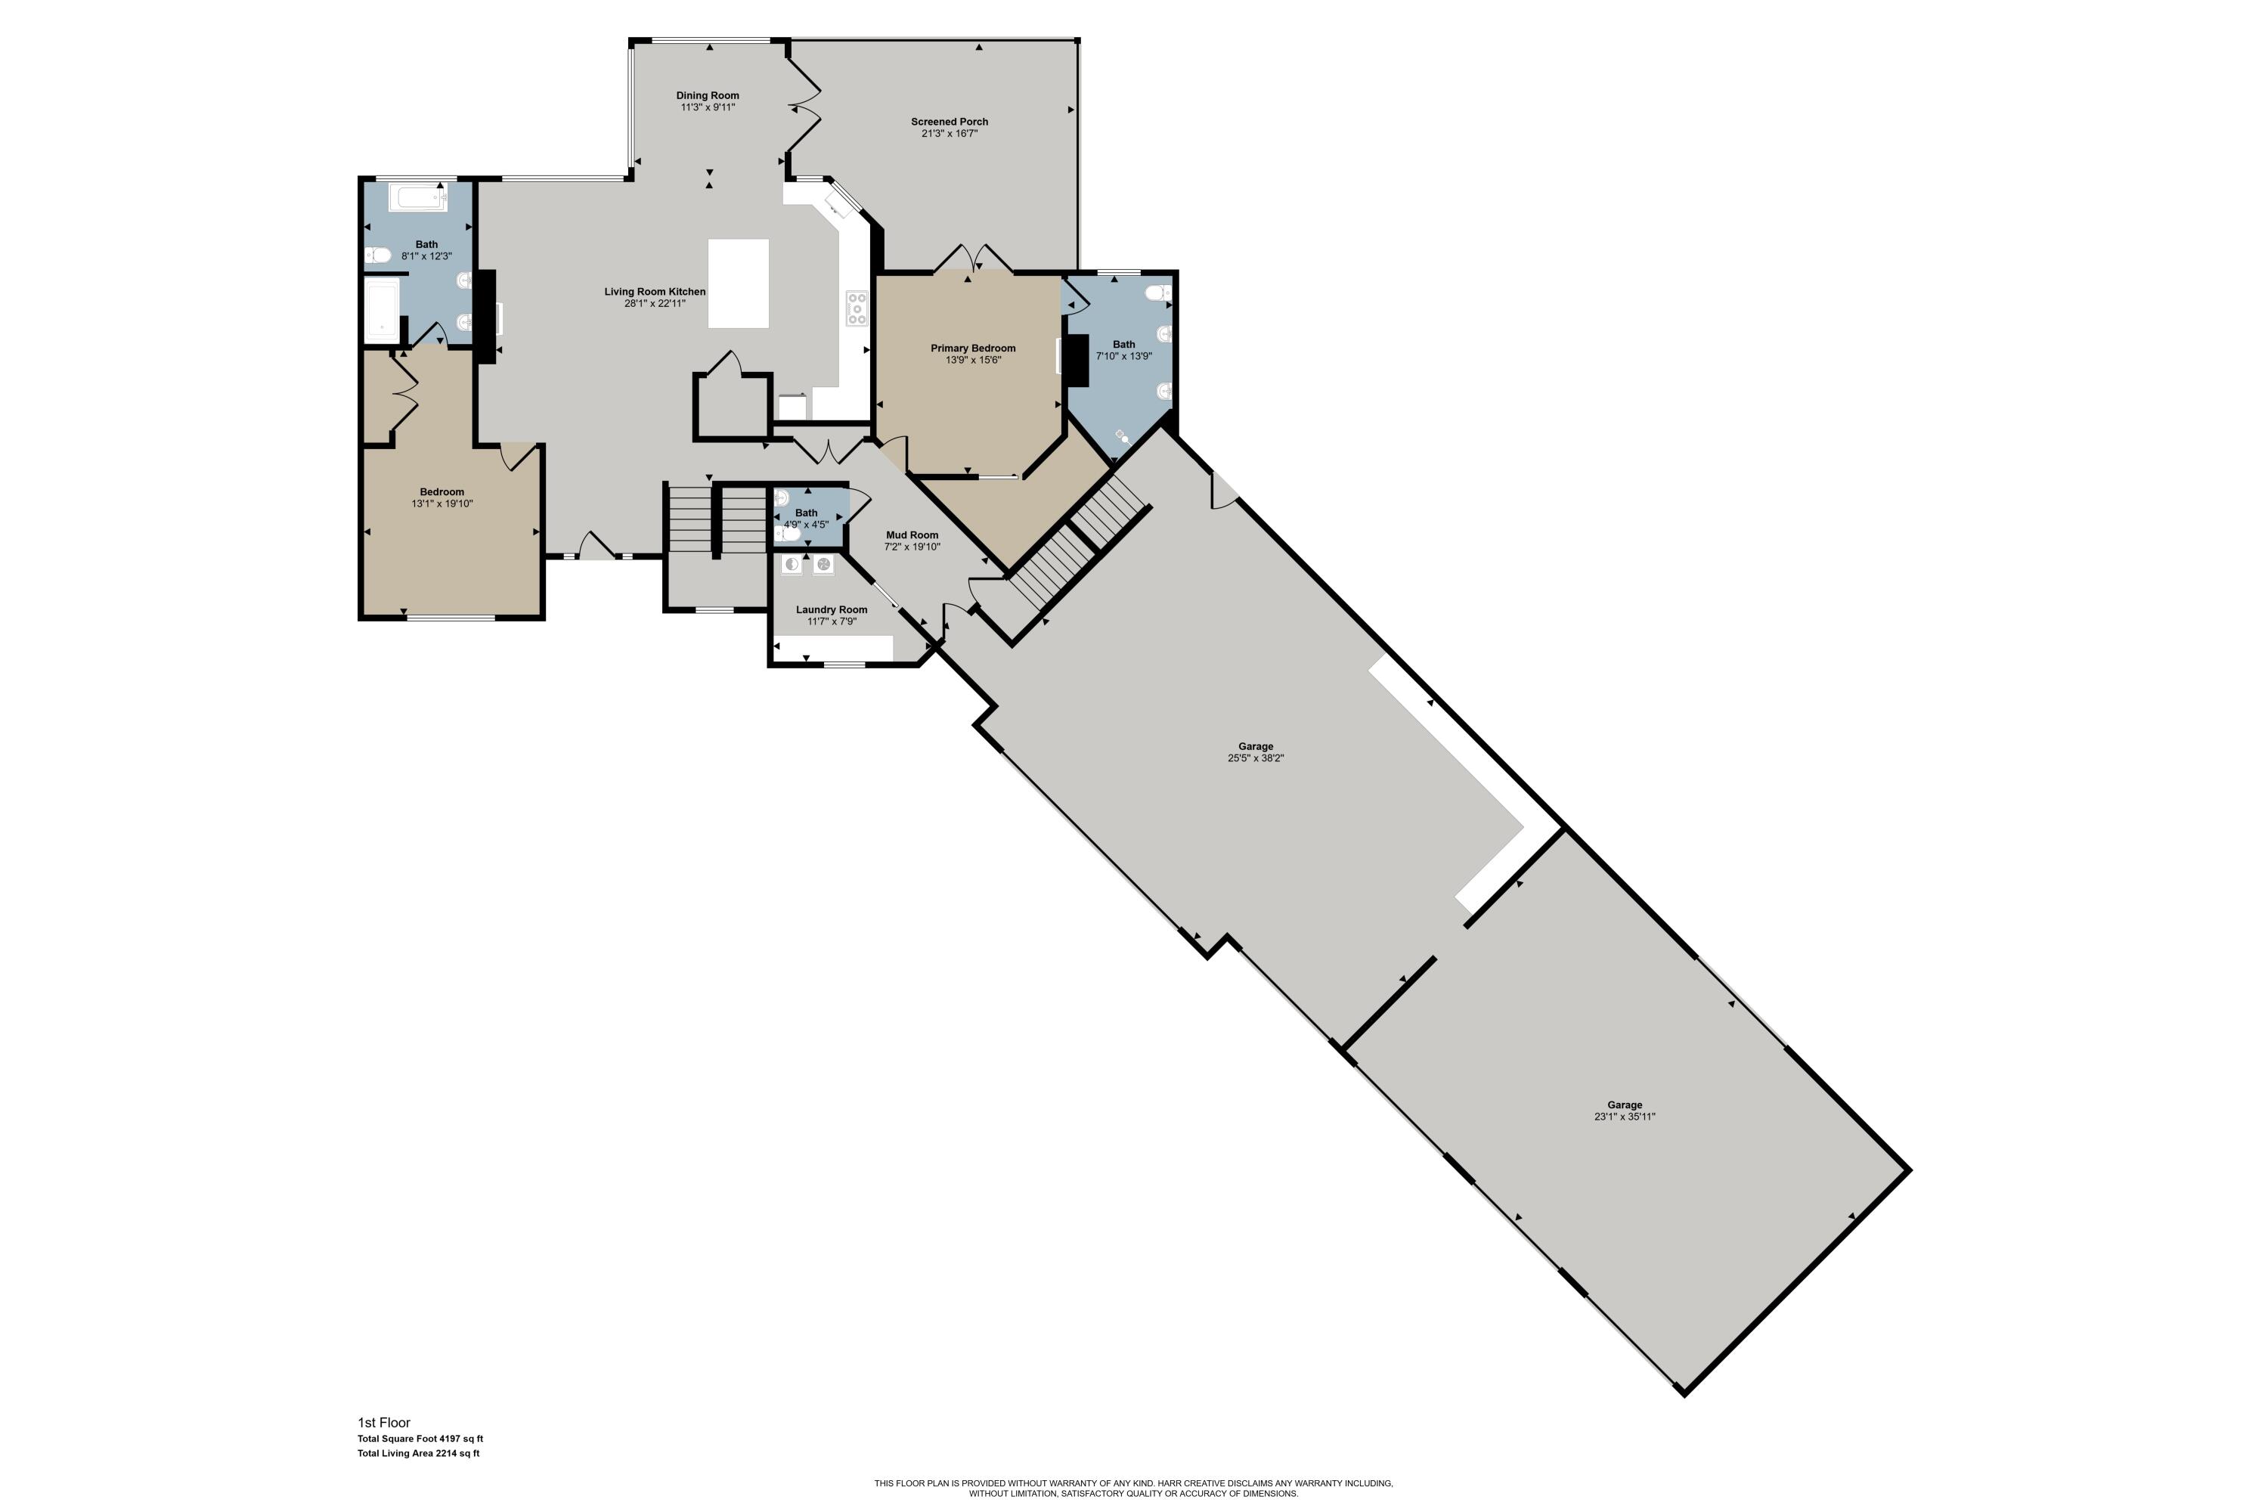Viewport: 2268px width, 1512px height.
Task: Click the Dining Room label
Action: (707, 95)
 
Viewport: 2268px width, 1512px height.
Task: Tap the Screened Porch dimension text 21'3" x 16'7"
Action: (949, 134)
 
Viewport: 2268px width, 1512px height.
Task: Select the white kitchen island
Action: (739, 283)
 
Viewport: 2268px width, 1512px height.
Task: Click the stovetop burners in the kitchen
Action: (857, 308)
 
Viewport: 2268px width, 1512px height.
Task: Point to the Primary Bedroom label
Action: (973, 348)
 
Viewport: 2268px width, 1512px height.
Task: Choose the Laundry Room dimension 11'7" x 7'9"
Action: (831, 622)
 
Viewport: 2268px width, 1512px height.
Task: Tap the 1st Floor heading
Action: (384, 1422)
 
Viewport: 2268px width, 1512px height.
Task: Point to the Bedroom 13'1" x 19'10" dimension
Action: (442, 503)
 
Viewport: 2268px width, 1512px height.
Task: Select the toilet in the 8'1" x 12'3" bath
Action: (377, 256)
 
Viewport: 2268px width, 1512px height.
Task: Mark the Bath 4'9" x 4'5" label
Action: (806, 519)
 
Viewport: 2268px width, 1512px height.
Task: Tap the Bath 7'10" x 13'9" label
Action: (1123, 350)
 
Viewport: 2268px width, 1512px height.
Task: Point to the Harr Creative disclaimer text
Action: (1133, 1488)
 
